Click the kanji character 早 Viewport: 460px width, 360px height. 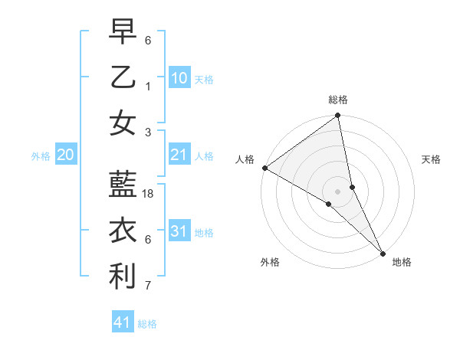point(123,31)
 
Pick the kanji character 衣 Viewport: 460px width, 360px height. point(123,231)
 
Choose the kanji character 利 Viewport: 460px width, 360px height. point(123,277)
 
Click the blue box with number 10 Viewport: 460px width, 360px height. point(179,78)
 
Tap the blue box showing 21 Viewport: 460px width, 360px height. point(179,155)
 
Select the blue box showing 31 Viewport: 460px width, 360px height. point(179,232)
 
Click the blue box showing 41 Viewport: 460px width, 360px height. point(123,322)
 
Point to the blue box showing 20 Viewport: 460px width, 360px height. point(65,155)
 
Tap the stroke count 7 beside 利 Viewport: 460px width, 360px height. point(148,286)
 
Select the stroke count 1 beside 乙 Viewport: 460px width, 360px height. point(148,87)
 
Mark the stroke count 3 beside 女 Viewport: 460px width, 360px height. point(148,132)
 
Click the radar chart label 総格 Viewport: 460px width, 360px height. point(338,100)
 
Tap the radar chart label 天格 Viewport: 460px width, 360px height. point(431,159)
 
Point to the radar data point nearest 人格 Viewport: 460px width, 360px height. point(264,168)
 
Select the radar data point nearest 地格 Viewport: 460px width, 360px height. point(383,252)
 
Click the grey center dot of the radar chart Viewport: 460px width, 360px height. point(338,191)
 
